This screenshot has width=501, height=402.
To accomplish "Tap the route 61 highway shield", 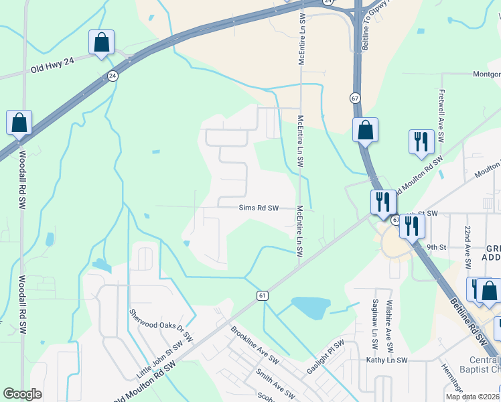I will [262, 295].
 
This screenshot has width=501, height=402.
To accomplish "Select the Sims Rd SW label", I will [259, 208].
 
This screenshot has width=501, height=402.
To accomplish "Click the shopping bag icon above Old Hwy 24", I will [101, 43].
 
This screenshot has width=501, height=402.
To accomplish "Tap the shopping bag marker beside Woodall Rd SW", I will [19, 123].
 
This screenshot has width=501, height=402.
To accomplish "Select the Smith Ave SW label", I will [275, 383].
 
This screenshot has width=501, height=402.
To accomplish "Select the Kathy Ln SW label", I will [386, 360].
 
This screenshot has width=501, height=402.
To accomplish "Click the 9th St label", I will [436, 247].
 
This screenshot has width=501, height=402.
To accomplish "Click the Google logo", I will [22, 394].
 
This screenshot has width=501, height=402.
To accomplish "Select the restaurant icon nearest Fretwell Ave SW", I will [421, 142].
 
